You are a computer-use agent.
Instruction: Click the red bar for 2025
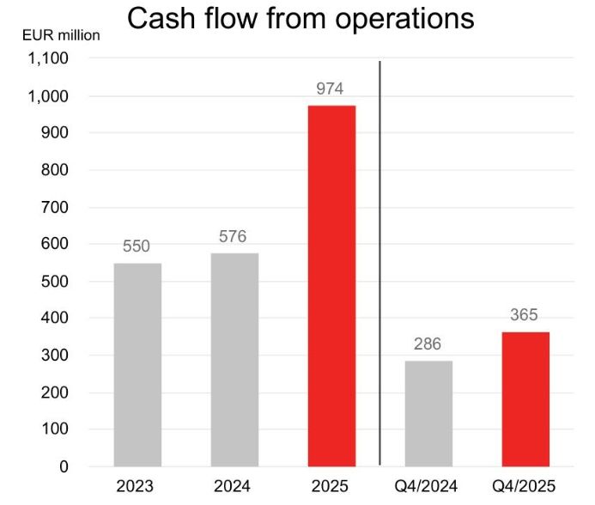pyautogui.click(x=331, y=285)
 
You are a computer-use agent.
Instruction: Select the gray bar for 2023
pyautogui.click(x=137, y=364)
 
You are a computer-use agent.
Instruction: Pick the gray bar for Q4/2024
pyautogui.click(x=428, y=413)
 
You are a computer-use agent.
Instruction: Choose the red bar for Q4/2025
pyautogui.click(x=525, y=399)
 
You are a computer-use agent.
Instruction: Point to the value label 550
pyautogui.click(x=137, y=246)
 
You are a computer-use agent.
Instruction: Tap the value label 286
pyautogui.click(x=428, y=344)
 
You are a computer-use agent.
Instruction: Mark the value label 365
pyautogui.click(x=525, y=315)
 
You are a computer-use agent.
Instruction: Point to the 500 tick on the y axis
pyautogui.click(x=57, y=282)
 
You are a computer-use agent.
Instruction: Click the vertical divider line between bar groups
pyautogui.click(x=379, y=258)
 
